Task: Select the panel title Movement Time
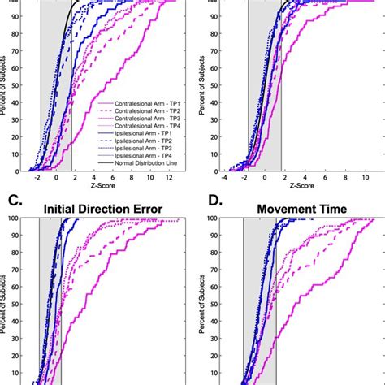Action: (303, 210)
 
